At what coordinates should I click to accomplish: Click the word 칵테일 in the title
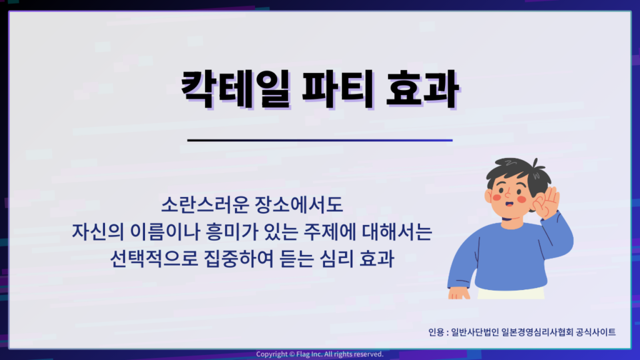click(x=236, y=89)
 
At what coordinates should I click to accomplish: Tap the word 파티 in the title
click(x=339, y=89)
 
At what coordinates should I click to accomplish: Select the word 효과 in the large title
click(x=422, y=89)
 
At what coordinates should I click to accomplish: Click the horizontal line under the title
click(x=320, y=140)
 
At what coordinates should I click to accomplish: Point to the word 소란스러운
click(x=205, y=204)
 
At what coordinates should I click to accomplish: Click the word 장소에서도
click(x=299, y=204)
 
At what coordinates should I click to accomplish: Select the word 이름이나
click(x=165, y=231)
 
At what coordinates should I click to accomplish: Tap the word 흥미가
click(x=232, y=231)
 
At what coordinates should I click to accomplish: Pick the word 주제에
click(x=329, y=231)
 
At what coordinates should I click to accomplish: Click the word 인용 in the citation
click(x=436, y=332)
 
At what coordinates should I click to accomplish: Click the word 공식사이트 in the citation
click(x=596, y=332)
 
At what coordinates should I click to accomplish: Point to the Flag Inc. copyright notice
click(x=320, y=354)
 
